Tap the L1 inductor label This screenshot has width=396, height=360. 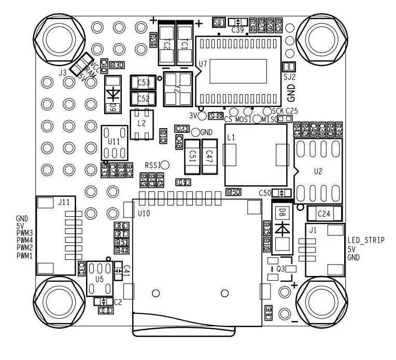tap(231, 137)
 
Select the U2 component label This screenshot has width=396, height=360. tap(318, 172)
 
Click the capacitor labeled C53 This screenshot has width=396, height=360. tap(144, 82)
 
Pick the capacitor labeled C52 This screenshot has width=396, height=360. tap(144, 98)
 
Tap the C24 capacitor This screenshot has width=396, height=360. tap(324, 213)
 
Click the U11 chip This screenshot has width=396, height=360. tap(114, 142)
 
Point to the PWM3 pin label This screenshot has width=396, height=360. tap(24, 233)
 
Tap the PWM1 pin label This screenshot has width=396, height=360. tap(24, 256)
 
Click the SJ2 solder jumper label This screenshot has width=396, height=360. tap(289, 77)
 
